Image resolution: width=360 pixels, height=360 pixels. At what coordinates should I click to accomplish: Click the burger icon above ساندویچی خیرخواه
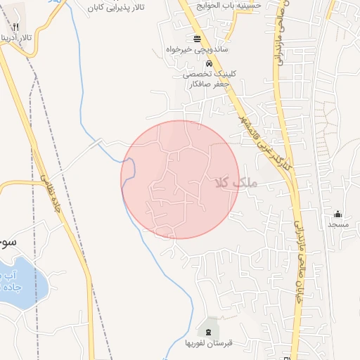point(195,39)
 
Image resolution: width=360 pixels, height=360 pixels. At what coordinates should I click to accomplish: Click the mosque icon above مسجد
point(337,214)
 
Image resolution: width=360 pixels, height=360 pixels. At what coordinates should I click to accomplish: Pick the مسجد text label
point(337,224)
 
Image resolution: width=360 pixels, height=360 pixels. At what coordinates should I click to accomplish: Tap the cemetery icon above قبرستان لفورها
point(209,330)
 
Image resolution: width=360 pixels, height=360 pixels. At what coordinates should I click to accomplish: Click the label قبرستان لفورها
point(209,343)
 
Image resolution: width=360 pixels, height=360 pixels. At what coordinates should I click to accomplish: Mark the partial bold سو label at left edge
point(7,240)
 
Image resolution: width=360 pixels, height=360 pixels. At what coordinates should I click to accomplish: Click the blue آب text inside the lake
point(6,276)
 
